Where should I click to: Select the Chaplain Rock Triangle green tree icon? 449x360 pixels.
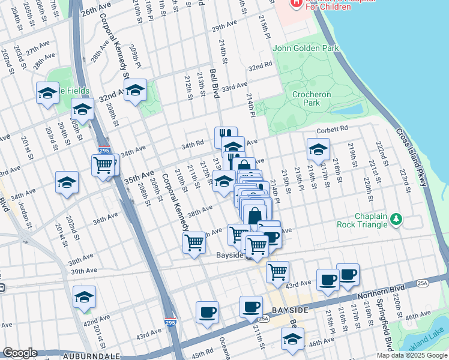click(396, 220)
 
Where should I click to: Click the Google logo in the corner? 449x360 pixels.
click(20, 353)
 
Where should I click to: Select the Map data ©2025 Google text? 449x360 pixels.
click(411, 355)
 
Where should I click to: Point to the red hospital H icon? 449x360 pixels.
click(296, 4)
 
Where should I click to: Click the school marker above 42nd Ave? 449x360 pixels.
click(84, 297)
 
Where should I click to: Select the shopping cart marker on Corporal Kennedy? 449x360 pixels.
click(194, 243)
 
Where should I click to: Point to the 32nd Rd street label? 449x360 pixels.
click(264, 66)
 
